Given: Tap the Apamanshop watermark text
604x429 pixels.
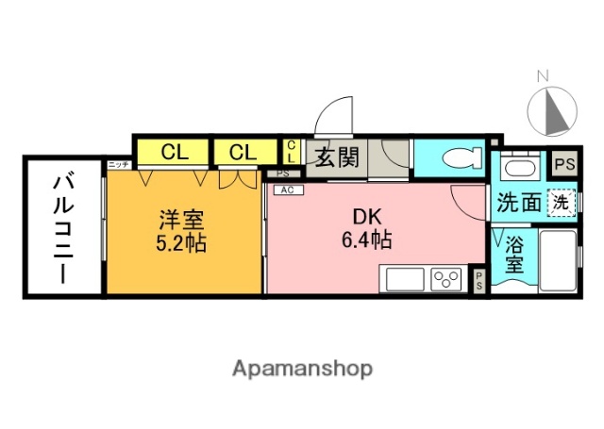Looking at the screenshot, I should [x=301, y=368].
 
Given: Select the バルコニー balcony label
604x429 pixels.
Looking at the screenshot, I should [x=63, y=227].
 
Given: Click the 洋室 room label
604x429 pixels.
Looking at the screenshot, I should [x=181, y=221].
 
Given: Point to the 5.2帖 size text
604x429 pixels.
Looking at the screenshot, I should [x=181, y=241].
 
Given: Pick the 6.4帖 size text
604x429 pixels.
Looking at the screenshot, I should [x=366, y=239].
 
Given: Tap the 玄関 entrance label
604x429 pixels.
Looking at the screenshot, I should [x=336, y=157].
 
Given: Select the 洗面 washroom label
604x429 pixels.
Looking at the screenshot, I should [x=518, y=201].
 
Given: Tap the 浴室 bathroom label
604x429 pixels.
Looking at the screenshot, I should [x=514, y=255].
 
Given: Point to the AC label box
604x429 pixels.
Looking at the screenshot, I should [x=284, y=189].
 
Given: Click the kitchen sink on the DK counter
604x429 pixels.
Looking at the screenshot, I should [x=403, y=279].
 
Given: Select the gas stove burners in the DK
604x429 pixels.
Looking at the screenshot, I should [x=445, y=279].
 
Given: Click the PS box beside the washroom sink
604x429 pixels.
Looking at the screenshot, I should [x=563, y=164].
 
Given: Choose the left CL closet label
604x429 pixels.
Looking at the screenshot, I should [x=173, y=152].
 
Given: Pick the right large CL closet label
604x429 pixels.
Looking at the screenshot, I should [x=243, y=152].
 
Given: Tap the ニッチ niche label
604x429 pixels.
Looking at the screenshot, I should [x=118, y=165].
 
